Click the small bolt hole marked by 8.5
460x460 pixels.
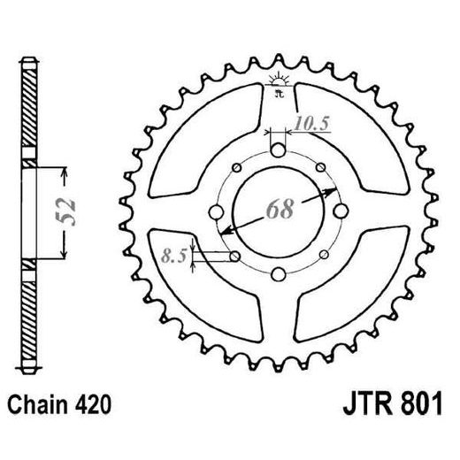(x=234, y=257)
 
